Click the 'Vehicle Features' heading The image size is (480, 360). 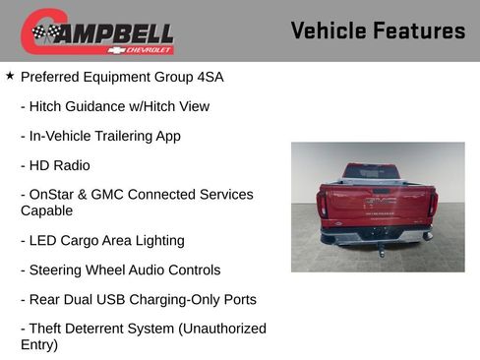[378, 30]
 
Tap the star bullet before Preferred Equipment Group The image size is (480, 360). [10, 75]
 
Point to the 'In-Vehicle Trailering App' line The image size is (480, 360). [100, 136]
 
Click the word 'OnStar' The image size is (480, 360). [52, 195]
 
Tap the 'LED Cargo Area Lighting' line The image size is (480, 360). [102, 240]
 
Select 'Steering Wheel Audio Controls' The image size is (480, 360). [120, 270]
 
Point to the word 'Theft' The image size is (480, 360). [50, 329]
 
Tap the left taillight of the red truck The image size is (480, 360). [322, 205]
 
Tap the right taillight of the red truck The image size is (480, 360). [432, 204]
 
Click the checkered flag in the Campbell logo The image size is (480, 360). [43, 32]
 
